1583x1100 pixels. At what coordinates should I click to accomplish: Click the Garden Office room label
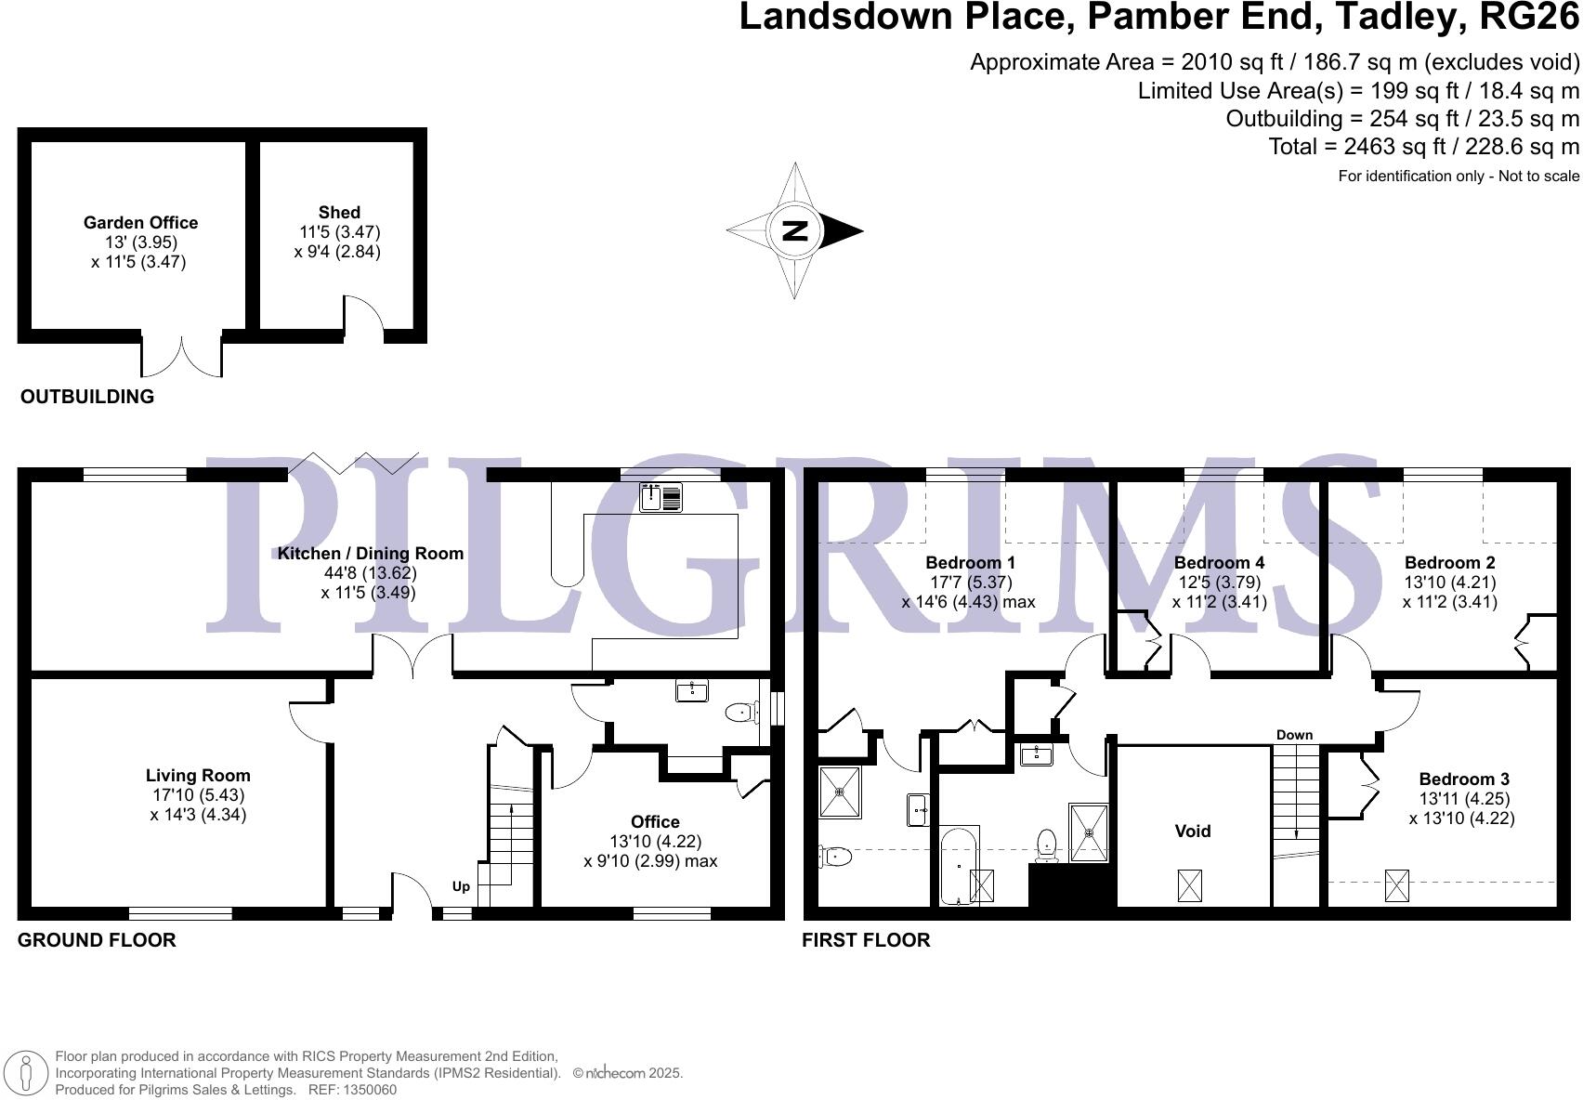click(140, 223)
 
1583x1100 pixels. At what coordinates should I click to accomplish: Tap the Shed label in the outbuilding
click(339, 213)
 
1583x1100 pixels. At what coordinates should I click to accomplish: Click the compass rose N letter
click(795, 230)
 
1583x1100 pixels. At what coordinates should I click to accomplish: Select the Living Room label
click(198, 776)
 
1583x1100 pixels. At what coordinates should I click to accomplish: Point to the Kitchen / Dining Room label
click(370, 554)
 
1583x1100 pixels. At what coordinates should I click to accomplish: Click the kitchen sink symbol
click(661, 498)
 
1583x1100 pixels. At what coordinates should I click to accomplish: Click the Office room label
click(655, 822)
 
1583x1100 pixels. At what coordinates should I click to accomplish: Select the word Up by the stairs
click(461, 886)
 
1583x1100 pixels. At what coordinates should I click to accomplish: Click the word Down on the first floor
click(1294, 735)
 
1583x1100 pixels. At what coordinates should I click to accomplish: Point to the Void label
click(1193, 832)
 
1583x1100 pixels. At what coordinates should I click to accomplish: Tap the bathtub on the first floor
click(958, 866)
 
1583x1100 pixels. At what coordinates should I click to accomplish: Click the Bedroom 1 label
click(970, 563)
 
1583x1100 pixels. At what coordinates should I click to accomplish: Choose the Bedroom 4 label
click(1219, 563)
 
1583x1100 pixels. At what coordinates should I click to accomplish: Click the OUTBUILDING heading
click(87, 397)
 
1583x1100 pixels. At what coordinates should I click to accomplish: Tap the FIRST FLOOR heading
click(866, 940)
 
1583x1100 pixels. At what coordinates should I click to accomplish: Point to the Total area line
click(1423, 147)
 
